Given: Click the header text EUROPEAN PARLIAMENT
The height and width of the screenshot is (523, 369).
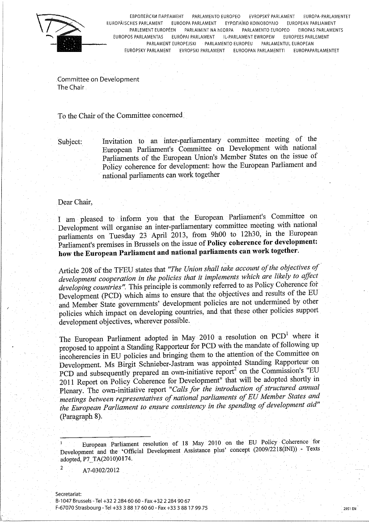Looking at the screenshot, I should pyautogui.click(x=311, y=23).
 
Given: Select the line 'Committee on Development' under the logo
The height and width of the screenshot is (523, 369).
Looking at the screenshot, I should pyautogui.click(x=98, y=79).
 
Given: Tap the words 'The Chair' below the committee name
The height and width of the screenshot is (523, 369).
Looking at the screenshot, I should pyautogui.click(x=70, y=87).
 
